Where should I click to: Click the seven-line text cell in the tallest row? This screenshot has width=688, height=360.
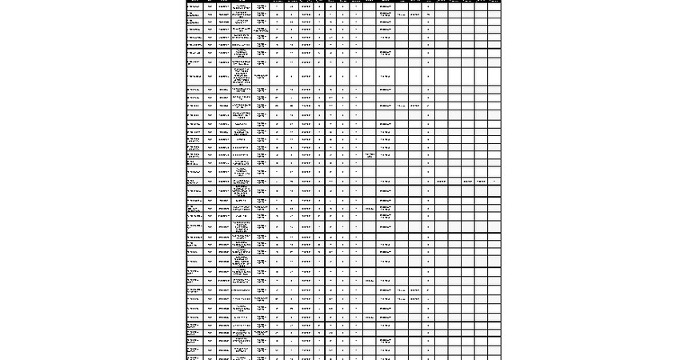click(x=242, y=77)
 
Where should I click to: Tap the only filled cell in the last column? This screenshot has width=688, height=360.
click(x=494, y=182)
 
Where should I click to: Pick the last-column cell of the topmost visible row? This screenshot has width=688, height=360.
click(x=494, y=6)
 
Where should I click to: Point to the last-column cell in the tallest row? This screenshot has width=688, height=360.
click(x=494, y=77)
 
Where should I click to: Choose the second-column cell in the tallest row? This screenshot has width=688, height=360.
click(x=210, y=77)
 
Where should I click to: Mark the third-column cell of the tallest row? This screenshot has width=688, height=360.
click(x=224, y=77)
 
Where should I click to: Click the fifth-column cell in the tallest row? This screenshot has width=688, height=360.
click(x=262, y=77)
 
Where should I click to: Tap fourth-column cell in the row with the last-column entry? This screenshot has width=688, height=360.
click(x=242, y=182)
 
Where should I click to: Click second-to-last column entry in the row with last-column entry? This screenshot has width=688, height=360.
click(x=481, y=182)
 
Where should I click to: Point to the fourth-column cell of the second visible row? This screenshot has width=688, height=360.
click(x=242, y=14)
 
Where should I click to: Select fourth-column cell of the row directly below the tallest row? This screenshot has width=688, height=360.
click(x=242, y=90)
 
